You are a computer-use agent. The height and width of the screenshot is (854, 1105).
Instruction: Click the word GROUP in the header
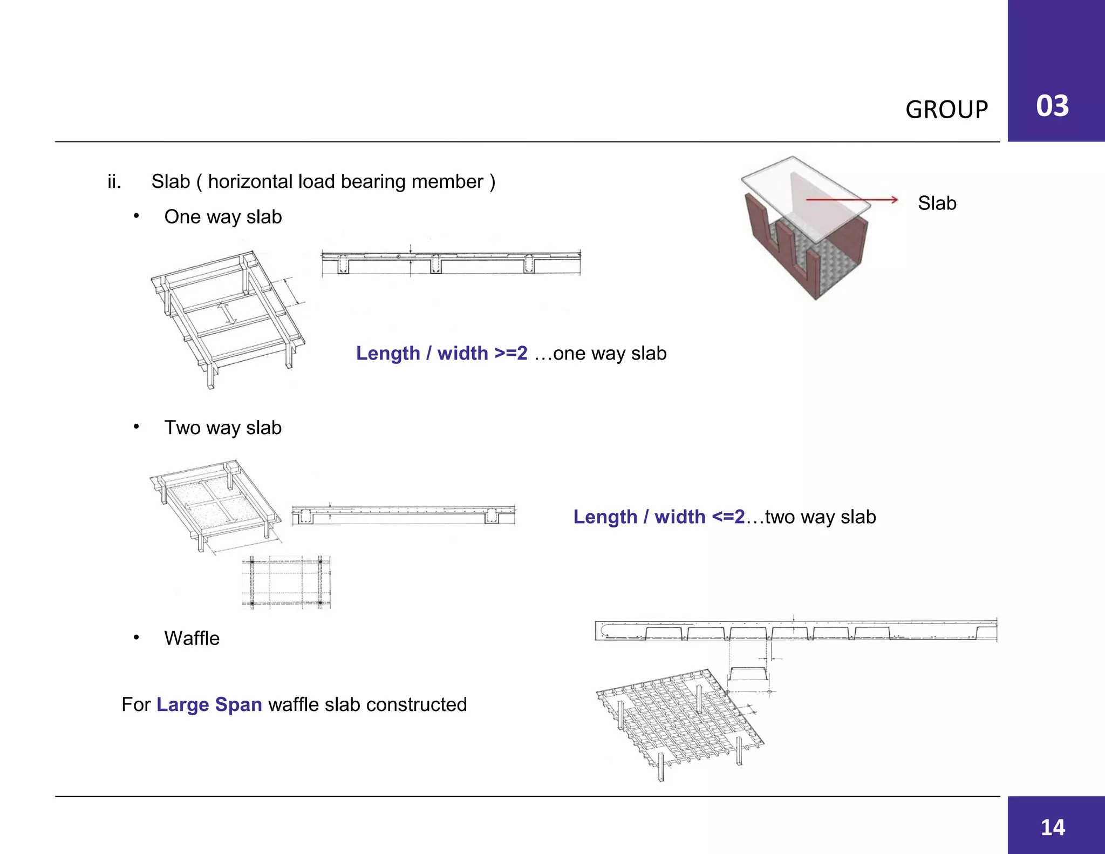(x=946, y=110)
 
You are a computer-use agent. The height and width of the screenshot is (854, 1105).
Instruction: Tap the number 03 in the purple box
(x=1052, y=106)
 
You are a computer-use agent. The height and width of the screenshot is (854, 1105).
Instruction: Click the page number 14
(x=1053, y=828)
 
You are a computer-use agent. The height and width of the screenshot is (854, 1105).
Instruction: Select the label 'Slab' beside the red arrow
(x=937, y=204)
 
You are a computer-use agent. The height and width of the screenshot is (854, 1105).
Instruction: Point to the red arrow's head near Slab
(x=895, y=200)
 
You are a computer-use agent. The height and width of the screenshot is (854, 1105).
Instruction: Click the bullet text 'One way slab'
(x=223, y=217)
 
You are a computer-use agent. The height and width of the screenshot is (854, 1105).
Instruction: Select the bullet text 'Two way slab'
(x=223, y=428)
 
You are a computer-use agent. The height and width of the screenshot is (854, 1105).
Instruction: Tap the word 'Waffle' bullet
(x=192, y=639)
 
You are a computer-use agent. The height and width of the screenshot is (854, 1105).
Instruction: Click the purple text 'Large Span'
(x=209, y=704)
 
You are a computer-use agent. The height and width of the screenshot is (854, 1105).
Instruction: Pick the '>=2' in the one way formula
(x=511, y=353)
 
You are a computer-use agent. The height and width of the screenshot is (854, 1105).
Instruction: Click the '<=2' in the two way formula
(x=728, y=517)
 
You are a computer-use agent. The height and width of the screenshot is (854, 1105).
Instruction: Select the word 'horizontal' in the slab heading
(x=250, y=182)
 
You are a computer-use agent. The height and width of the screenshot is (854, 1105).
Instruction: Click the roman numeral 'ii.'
(x=114, y=182)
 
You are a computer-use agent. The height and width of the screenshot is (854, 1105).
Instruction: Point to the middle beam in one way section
(x=435, y=264)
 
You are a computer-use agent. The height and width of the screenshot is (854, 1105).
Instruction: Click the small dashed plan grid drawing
(x=286, y=582)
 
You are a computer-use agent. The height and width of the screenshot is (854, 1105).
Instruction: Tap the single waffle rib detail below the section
(x=748, y=674)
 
